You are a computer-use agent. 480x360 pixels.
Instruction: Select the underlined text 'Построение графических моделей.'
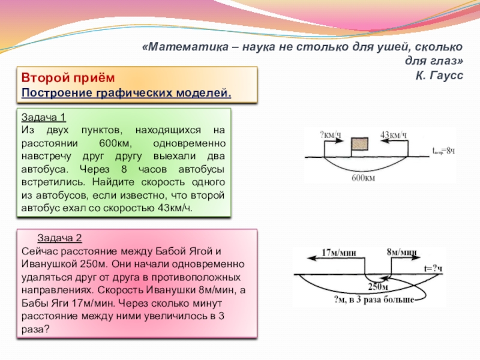click(126, 93)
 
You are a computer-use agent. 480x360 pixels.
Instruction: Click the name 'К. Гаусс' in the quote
click(440, 75)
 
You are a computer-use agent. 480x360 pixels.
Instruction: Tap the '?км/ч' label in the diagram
click(330, 134)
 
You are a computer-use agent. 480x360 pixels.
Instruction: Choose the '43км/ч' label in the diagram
click(394, 134)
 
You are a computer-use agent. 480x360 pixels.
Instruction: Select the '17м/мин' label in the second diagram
click(339, 252)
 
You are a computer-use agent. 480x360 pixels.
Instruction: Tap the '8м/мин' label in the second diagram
click(402, 252)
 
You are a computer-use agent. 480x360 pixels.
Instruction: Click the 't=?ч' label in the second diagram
click(433, 268)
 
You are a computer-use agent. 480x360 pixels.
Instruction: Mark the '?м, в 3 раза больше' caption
click(370, 301)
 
